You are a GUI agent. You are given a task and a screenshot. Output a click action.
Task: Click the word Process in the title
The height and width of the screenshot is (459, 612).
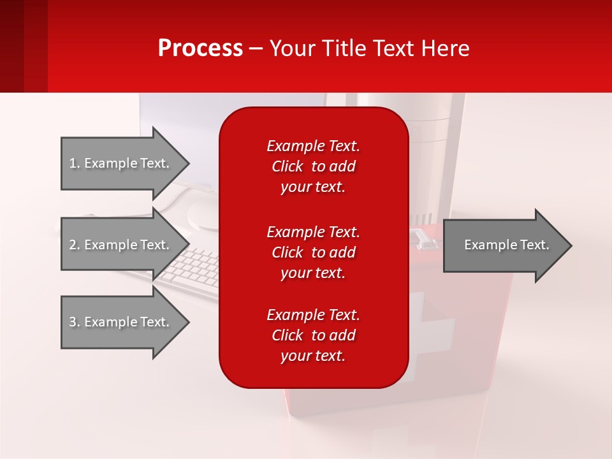200,48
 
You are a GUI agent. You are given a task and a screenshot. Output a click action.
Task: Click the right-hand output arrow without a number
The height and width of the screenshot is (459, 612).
504,245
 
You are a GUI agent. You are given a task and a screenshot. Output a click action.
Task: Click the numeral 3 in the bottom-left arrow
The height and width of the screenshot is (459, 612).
73,322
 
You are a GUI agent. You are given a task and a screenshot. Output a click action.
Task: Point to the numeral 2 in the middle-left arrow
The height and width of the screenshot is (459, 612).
73,245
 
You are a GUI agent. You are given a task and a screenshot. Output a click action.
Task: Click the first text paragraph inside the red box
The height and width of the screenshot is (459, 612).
313,166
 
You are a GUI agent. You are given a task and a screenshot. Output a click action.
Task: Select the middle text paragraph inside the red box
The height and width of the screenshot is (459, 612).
313,252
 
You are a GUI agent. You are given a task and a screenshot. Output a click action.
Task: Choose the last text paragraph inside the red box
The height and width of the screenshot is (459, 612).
313,335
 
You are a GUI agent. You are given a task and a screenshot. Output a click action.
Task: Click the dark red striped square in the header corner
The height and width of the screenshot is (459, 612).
24,46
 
